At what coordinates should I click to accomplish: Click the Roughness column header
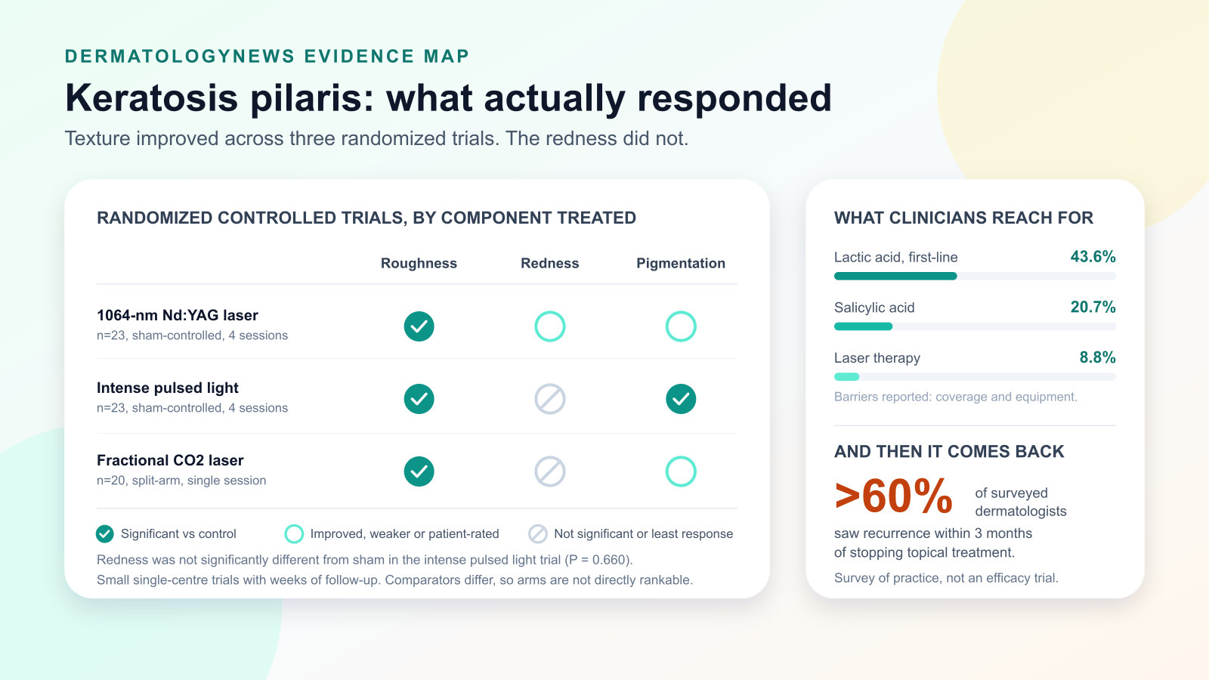pyautogui.click(x=419, y=264)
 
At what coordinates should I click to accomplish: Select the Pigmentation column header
pyautogui.click(x=681, y=264)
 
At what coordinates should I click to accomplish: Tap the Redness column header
pyautogui.click(x=549, y=264)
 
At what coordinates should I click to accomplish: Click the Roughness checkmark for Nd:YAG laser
pyautogui.click(x=419, y=326)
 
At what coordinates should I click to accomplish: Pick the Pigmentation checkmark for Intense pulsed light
pyautogui.click(x=681, y=399)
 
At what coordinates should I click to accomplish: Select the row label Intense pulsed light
pyautogui.click(x=167, y=388)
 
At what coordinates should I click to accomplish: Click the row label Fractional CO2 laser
pyautogui.click(x=170, y=460)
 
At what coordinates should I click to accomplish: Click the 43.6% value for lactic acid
pyautogui.click(x=1093, y=256)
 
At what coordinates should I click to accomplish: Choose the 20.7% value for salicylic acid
pyautogui.click(x=1093, y=307)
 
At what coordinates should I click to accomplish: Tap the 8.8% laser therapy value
pyautogui.click(x=1097, y=357)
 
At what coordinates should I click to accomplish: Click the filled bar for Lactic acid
pyautogui.click(x=895, y=277)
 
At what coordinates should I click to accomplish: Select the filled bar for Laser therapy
pyautogui.click(x=846, y=377)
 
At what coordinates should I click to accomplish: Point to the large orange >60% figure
pyautogui.click(x=893, y=496)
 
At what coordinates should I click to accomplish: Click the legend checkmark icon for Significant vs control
pyautogui.click(x=105, y=533)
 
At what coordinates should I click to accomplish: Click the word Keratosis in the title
pyautogui.click(x=152, y=98)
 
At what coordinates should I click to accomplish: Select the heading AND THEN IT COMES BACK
pyautogui.click(x=949, y=451)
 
